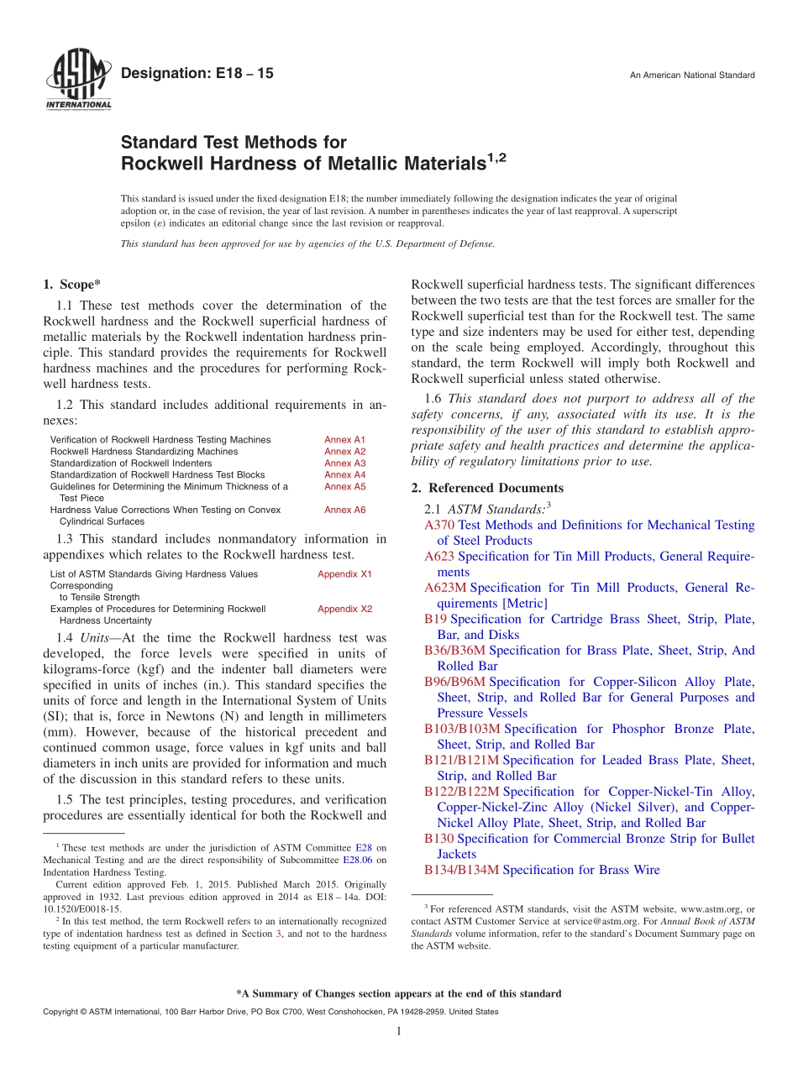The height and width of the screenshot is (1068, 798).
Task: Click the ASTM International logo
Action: coord(77,80)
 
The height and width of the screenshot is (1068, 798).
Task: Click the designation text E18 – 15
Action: coord(197,74)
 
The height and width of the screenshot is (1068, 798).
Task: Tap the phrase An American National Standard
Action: coord(692,76)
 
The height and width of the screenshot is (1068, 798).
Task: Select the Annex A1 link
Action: coord(345,440)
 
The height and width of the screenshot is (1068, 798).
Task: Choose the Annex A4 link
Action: coord(345,475)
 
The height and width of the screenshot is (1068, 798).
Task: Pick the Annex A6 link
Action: coord(345,510)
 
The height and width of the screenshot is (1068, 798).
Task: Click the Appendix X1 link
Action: coord(344,574)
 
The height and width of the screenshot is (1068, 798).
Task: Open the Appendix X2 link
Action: coord(344,610)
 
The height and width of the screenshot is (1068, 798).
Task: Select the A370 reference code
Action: coord(439,525)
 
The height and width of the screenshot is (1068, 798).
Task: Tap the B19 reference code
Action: coord(435,620)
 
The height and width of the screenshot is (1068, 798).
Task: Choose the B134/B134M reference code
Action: coord(461,870)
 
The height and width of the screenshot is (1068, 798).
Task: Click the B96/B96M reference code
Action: coord(454,682)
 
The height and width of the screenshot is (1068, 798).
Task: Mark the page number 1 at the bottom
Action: coord(399,1031)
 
